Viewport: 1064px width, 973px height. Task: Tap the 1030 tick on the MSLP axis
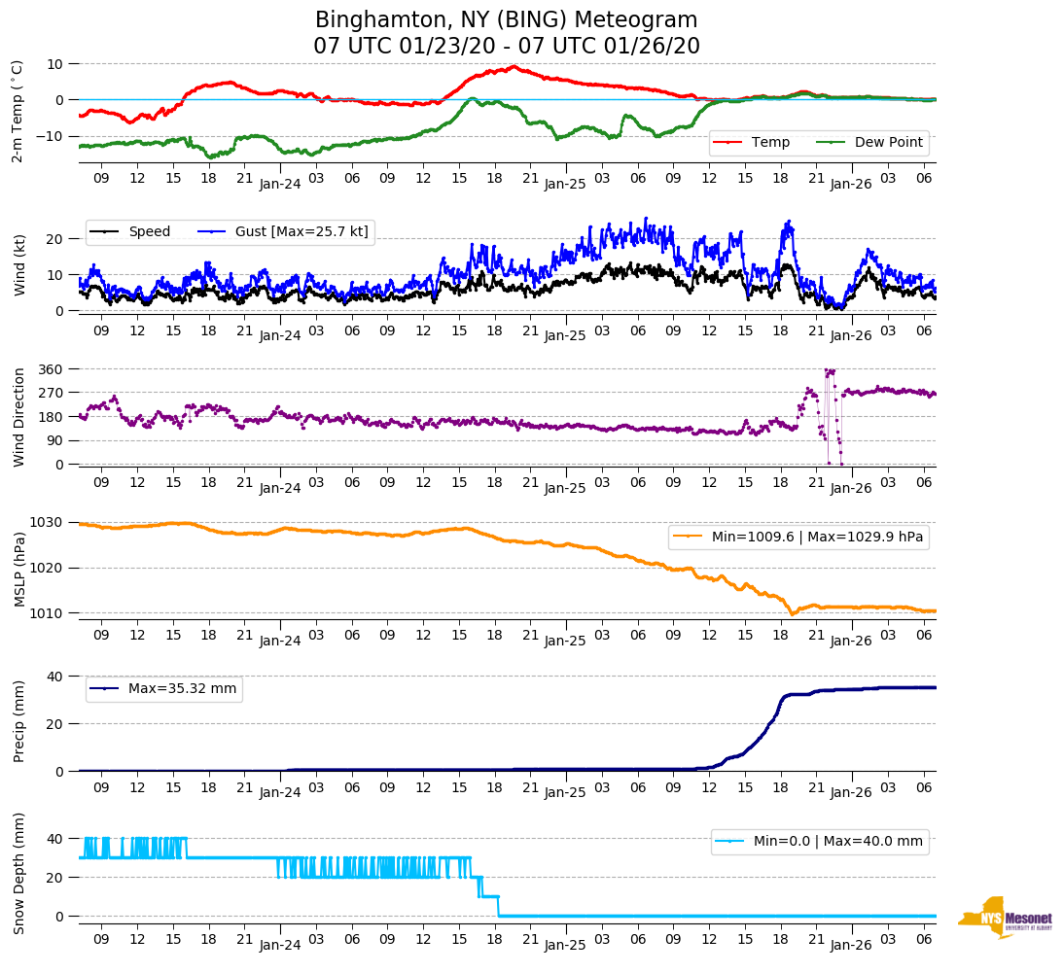(48, 523)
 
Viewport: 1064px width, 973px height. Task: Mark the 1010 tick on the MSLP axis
(48, 613)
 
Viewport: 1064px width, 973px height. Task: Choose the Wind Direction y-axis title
(19, 416)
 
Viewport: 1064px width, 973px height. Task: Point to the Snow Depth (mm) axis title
(19, 872)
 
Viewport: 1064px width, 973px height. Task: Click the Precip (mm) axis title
(19, 721)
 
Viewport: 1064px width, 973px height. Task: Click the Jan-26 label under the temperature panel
(850, 183)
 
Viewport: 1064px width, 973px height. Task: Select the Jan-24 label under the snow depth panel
(280, 944)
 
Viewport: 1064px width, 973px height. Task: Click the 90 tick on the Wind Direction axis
(54, 440)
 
